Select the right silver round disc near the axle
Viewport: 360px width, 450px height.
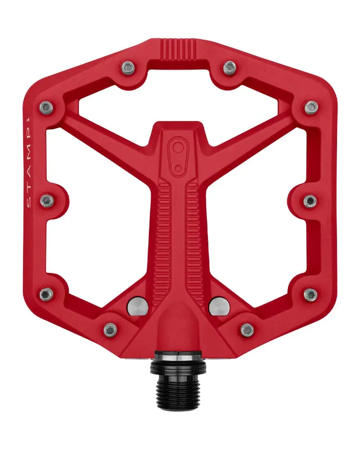[x=219, y=307]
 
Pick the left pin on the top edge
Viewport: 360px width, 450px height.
[x=127, y=68]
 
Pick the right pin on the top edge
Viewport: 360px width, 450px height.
[x=229, y=68]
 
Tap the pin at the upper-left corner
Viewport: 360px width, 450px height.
[x=46, y=107]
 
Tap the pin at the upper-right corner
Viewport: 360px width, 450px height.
[x=311, y=107]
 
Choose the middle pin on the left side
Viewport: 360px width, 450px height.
[x=47, y=201]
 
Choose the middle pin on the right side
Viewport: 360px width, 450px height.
[x=310, y=201]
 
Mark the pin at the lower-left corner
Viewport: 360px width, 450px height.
[x=46, y=294]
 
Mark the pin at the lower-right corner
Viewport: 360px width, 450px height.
[x=310, y=294]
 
